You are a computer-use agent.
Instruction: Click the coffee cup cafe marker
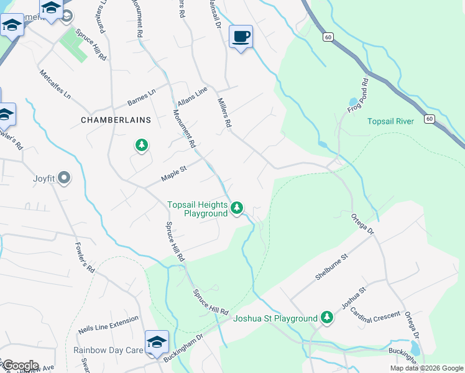pos(241,37)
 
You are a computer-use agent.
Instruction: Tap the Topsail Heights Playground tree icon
pos(237,208)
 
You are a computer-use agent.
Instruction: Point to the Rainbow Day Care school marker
pos(156,342)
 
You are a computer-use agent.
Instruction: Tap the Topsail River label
pos(390,121)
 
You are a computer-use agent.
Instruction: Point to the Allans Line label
pos(191,96)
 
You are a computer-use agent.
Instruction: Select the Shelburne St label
pos(330,267)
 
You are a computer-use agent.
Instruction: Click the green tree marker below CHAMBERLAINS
pos(142,145)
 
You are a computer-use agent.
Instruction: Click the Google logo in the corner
pos(20,366)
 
